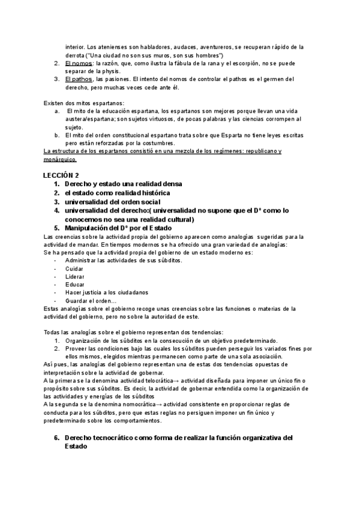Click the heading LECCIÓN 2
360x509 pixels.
(x=61, y=175)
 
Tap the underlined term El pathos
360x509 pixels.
(x=79, y=79)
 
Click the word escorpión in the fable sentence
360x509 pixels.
(x=237, y=63)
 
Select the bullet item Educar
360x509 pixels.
(x=74, y=284)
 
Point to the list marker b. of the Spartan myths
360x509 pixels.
(x=56, y=134)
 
